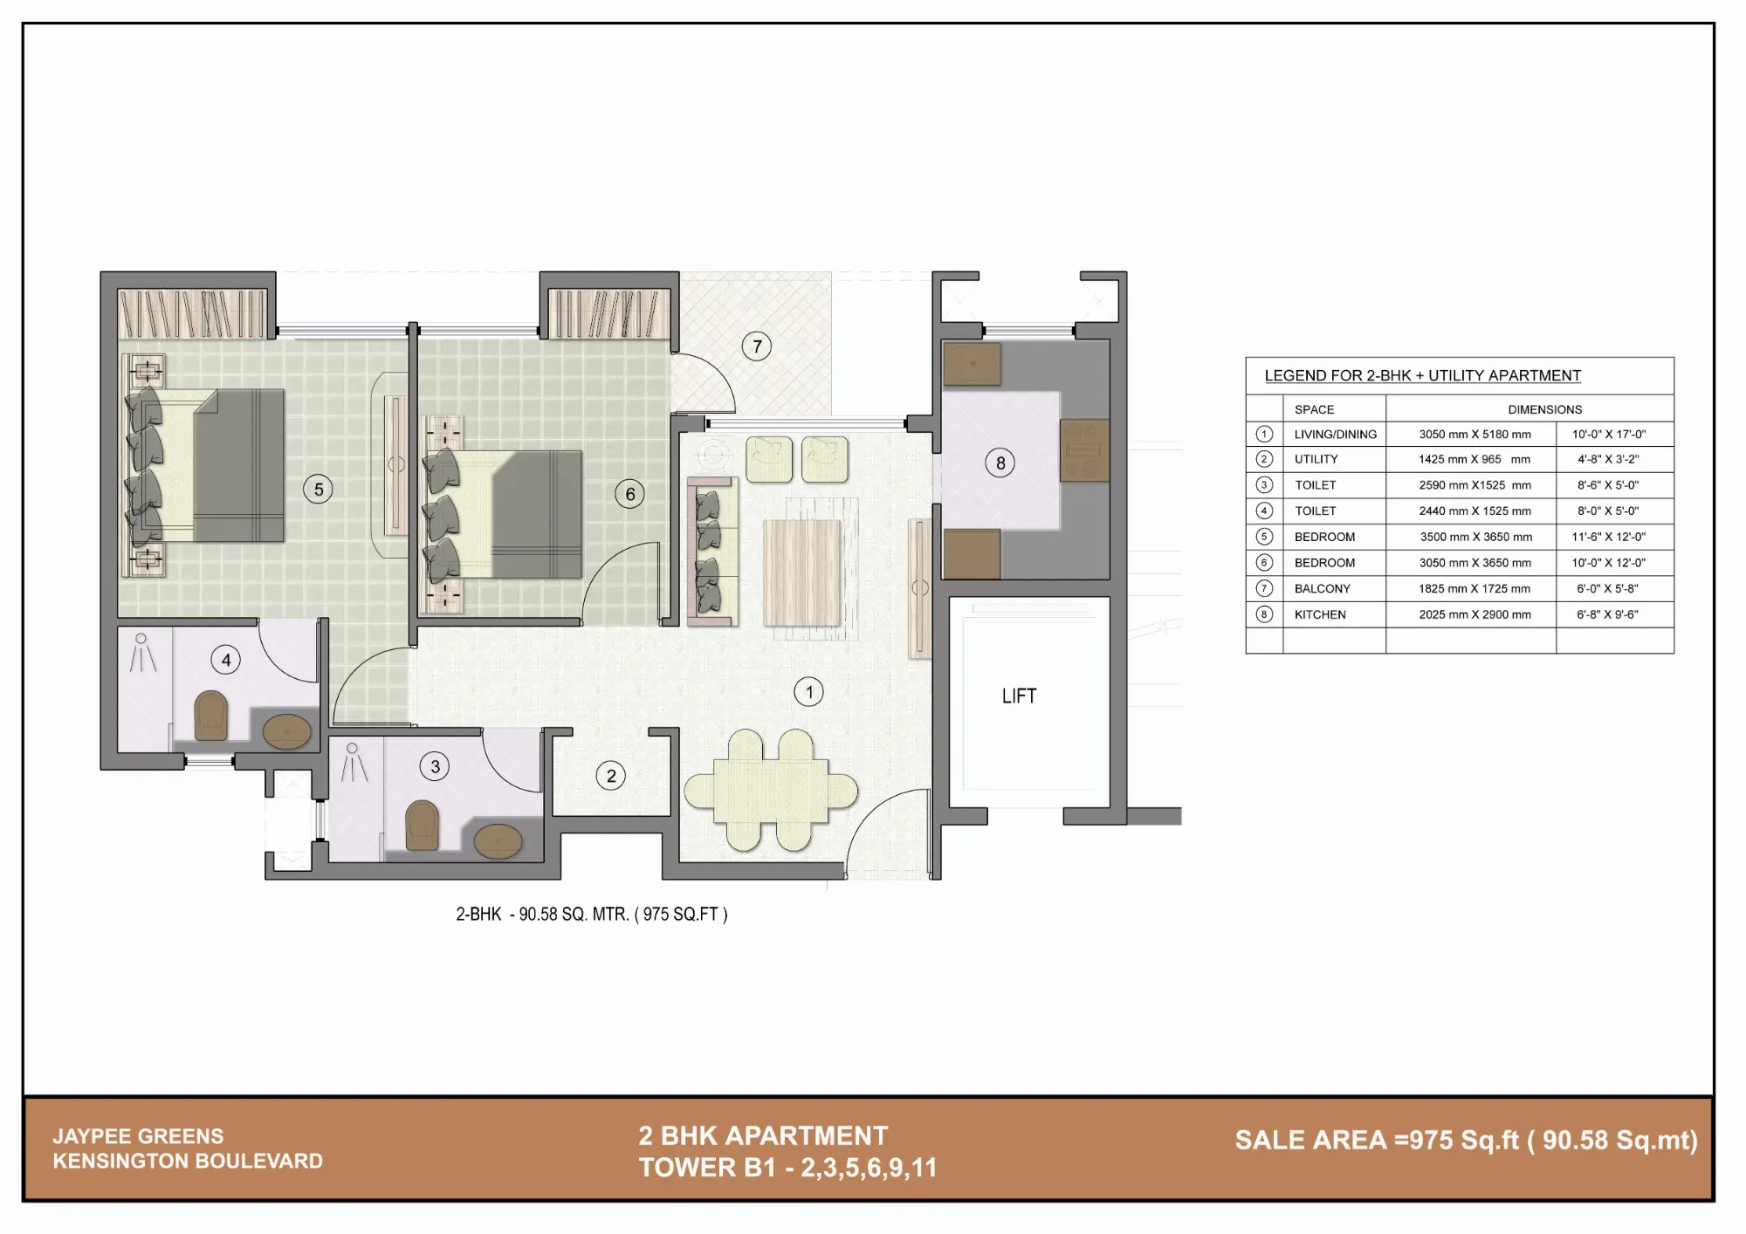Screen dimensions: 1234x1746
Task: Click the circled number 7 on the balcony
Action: (x=757, y=346)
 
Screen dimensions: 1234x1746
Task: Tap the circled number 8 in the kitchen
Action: (x=1000, y=463)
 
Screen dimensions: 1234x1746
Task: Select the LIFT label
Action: (x=1019, y=696)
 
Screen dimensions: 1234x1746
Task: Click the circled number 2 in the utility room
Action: (x=611, y=776)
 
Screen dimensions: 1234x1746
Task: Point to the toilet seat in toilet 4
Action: (x=210, y=716)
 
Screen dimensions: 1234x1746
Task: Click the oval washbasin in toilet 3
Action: (x=498, y=841)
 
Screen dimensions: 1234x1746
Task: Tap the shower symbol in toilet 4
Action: (x=141, y=654)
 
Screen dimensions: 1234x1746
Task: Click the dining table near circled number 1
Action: (x=771, y=791)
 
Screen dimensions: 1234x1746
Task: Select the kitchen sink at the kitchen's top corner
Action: (x=972, y=364)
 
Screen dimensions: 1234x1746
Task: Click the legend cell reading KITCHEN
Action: (x=1319, y=615)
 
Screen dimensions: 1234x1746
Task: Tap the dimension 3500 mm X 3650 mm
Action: (x=1475, y=538)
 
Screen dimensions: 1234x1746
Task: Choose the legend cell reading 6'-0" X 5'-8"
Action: (x=1607, y=589)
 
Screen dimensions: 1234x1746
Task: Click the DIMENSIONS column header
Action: (x=1544, y=409)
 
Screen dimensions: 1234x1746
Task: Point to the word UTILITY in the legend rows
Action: (x=1316, y=460)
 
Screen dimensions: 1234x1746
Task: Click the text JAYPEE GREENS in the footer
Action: (x=138, y=1136)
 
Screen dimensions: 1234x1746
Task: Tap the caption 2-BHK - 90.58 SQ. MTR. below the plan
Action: (x=591, y=915)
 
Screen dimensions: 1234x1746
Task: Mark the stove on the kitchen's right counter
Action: (x=1083, y=450)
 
